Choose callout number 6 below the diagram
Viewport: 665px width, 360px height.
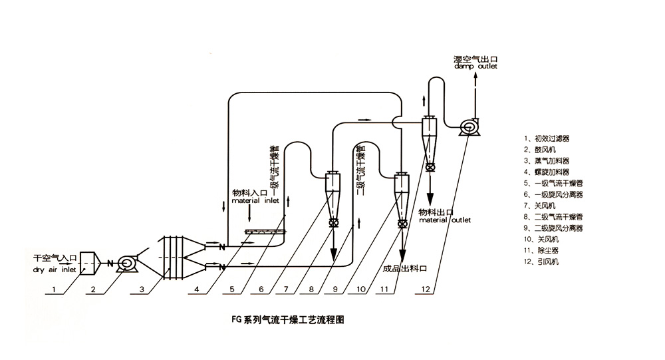[261, 289]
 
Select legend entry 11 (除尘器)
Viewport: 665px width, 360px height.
[547, 250]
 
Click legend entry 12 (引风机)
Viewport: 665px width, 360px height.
[547, 262]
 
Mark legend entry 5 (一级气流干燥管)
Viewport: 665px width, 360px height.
[555, 183]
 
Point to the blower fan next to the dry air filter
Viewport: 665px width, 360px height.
[127, 264]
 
